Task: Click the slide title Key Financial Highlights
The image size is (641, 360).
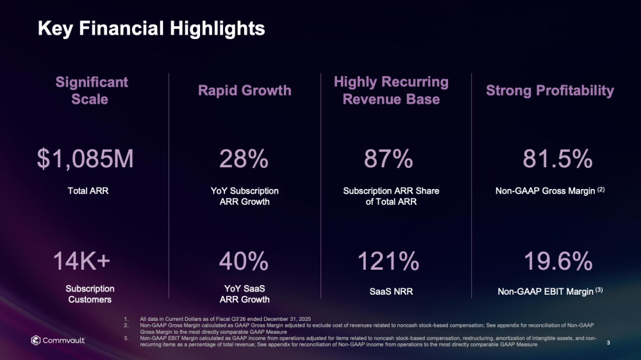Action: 151,28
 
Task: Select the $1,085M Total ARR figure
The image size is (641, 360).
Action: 85,160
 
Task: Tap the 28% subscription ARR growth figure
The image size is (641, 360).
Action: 244,160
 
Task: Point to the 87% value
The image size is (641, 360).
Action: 388,160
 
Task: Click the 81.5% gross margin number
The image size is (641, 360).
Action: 557,160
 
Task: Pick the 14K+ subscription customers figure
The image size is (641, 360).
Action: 81,261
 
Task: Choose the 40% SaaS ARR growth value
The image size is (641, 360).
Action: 244,261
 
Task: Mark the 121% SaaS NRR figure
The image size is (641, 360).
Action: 388,261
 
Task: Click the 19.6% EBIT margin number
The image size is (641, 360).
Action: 557,261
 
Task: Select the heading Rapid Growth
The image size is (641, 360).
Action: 244,91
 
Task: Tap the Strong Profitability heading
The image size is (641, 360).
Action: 549,91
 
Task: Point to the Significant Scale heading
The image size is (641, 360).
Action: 91,91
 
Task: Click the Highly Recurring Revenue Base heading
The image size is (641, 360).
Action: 391,91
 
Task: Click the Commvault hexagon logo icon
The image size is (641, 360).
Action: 37,340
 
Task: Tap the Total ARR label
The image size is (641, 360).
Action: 88,191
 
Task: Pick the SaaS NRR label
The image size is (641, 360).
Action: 391,292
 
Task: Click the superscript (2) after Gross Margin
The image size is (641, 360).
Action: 601,190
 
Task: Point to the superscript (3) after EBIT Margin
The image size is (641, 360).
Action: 599,290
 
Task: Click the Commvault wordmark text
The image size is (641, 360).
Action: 64,340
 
